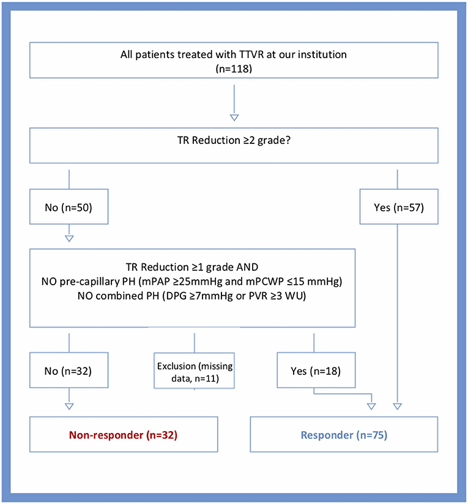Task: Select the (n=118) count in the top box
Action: pyautogui.click(x=234, y=69)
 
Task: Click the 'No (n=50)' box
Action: pyautogui.click(x=70, y=208)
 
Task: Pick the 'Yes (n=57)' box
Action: pyautogui.click(x=398, y=208)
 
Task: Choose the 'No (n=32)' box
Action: pyautogui.click(x=70, y=370)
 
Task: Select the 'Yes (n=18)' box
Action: pyautogui.click(x=314, y=370)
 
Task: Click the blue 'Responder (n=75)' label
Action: pyautogui.click(x=344, y=435)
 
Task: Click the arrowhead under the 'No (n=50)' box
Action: pyautogui.click(x=70, y=238)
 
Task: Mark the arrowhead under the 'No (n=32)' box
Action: pyautogui.click(x=70, y=405)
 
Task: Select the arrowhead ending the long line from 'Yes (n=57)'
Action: pyautogui.click(x=398, y=405)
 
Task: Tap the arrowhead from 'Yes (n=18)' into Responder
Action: pyautogui.click(x=370, y=405)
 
